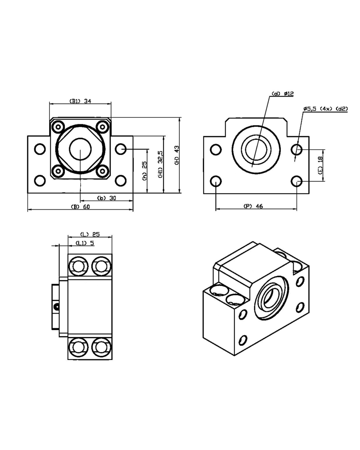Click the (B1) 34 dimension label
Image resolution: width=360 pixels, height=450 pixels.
[80, 100]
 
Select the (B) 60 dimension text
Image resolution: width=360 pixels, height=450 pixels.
[80, 207]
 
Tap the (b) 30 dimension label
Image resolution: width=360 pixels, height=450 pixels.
[106, 198]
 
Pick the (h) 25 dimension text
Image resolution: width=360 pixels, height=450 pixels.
[144, 171]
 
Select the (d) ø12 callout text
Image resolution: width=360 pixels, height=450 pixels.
[282, 94]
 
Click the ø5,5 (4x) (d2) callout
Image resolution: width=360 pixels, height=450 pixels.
[326, 109]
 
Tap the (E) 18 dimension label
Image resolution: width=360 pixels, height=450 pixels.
[320, 165]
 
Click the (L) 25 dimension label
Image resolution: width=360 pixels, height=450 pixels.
[90, 234]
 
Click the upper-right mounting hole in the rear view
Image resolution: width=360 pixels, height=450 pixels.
[297, 150]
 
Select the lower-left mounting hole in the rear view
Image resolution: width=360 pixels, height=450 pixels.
[216, 181]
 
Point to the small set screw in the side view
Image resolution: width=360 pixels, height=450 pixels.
[57, 306]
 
